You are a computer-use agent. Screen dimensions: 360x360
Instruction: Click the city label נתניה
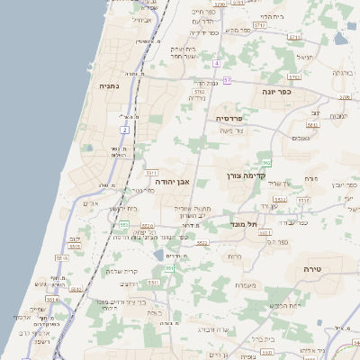pyautogui.click(x=114, y=86)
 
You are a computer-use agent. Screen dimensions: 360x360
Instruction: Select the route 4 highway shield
pyautogui.click(x=217, y=64)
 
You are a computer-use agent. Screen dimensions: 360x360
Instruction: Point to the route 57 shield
pyautogui.click(x=228, y=80)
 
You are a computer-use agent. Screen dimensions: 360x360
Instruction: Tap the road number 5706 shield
pyautogui.click(x=344, y=96)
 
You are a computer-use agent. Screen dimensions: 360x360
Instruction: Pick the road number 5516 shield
pyautogui.click(x=62, y=258)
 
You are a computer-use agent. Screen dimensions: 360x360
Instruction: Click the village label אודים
pyautogui.click(x=90, y=203)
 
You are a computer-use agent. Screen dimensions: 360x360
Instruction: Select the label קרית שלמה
pyautogui.click(x=121, y=271)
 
